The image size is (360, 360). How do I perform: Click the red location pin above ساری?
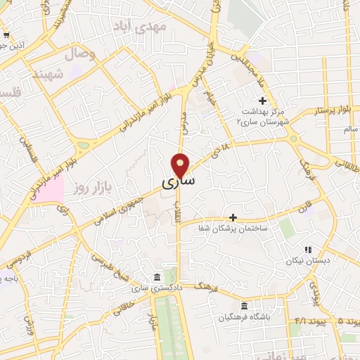181,165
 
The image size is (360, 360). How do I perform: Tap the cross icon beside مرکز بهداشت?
262,101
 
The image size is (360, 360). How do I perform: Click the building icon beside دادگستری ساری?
155,276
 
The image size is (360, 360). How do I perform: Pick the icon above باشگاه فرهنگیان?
244,306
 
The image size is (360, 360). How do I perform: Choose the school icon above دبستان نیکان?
307,249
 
